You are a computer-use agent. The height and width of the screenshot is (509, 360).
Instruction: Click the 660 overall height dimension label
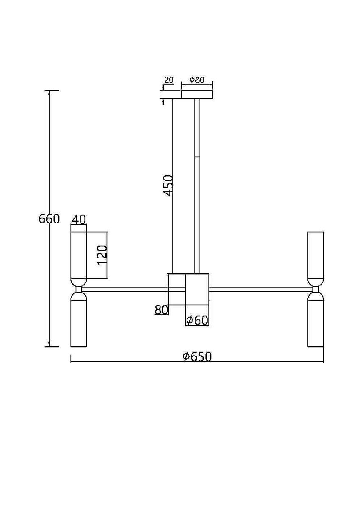click(x=49, y=219)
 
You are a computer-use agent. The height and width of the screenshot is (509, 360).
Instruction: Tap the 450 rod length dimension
click(x=168, y=185)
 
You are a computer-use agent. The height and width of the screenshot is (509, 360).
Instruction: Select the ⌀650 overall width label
click(x=197, y=356)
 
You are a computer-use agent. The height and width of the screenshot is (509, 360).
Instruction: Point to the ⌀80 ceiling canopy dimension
click(x=197, y=80)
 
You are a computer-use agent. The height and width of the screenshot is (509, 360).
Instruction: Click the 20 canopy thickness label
click(x=169, y=80)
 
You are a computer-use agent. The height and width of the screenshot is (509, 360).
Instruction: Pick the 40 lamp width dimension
click(x=79, y=220)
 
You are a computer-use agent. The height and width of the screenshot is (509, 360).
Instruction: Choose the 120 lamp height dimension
click(x=102, y=255)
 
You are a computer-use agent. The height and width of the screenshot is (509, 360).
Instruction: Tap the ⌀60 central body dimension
click(x=197, y=320)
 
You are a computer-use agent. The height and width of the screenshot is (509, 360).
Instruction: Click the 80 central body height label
click(x=161, y=310)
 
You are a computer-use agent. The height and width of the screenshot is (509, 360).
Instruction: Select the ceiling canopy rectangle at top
click(x=197, y=95)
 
